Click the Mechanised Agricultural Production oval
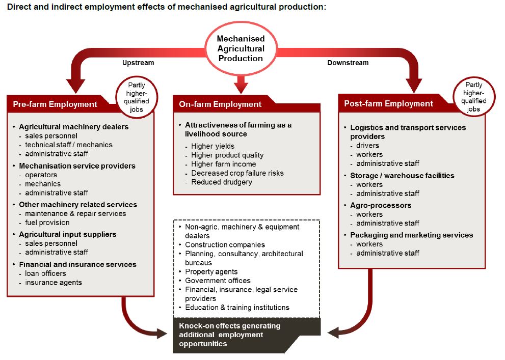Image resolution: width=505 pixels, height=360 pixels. click(x=241, y=48)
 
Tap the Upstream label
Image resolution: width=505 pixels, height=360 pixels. click(x=138, y=63)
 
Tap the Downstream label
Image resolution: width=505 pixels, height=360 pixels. click(x=348, y=63)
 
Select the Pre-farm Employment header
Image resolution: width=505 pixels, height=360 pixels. click(x=55, y=104)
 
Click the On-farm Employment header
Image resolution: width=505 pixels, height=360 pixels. click(x=220, y=104)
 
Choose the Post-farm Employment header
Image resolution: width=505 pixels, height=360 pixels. click(x=388, y=104)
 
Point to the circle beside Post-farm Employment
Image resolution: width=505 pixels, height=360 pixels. click(x=473, y=97)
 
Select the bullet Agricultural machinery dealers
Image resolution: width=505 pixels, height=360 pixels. click(x=73, y=127)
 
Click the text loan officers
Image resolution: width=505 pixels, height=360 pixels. click(x=46, y=273)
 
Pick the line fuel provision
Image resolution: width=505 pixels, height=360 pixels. click(x=47, y=223)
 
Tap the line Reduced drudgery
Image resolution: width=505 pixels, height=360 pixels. click(x=221, y=182)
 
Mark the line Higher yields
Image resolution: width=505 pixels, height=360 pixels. click(x=212, y=146)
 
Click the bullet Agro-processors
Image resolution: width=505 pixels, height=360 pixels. click(x=381, y=205)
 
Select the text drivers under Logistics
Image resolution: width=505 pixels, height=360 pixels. click(x=367, y=146)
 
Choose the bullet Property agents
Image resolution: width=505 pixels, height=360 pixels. click(x=211, y=271)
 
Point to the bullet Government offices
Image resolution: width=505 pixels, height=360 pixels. click(x=218, y=281)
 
